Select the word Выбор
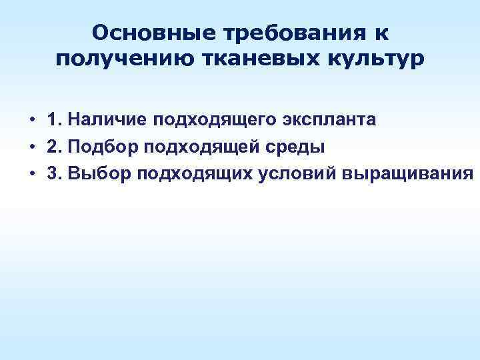pos(98,173)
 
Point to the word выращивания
pos(408,173)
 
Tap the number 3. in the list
pos(56,173)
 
